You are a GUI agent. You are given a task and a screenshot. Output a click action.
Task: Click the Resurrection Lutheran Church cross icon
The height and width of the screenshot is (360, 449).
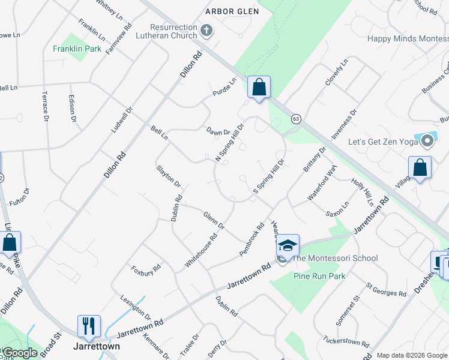point(206,31)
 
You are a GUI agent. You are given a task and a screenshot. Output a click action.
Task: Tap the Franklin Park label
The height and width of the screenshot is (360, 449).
point(77,49)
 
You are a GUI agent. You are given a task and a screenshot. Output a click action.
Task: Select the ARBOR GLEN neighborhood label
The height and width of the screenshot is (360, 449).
point(232,11)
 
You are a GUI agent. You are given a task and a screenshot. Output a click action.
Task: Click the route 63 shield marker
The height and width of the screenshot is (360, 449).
point(296,119)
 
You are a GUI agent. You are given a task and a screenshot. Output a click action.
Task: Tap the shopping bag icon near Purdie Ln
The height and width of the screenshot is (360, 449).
point(259,88)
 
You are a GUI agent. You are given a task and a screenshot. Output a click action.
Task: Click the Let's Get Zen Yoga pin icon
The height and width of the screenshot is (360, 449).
point(427,142)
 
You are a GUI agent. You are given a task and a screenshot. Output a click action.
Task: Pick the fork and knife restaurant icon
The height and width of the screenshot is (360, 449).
point(89,326)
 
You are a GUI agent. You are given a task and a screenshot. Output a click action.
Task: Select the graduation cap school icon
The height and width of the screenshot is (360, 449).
point(288,245)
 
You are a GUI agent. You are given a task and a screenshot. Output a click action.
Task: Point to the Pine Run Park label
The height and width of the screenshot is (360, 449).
point(319,276)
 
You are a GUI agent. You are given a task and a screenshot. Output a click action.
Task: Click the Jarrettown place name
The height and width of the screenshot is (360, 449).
point(96,346)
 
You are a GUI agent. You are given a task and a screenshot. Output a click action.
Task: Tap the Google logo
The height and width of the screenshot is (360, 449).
point(19,353)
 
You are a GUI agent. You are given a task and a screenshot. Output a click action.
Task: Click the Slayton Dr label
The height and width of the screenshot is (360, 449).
point(169,175)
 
